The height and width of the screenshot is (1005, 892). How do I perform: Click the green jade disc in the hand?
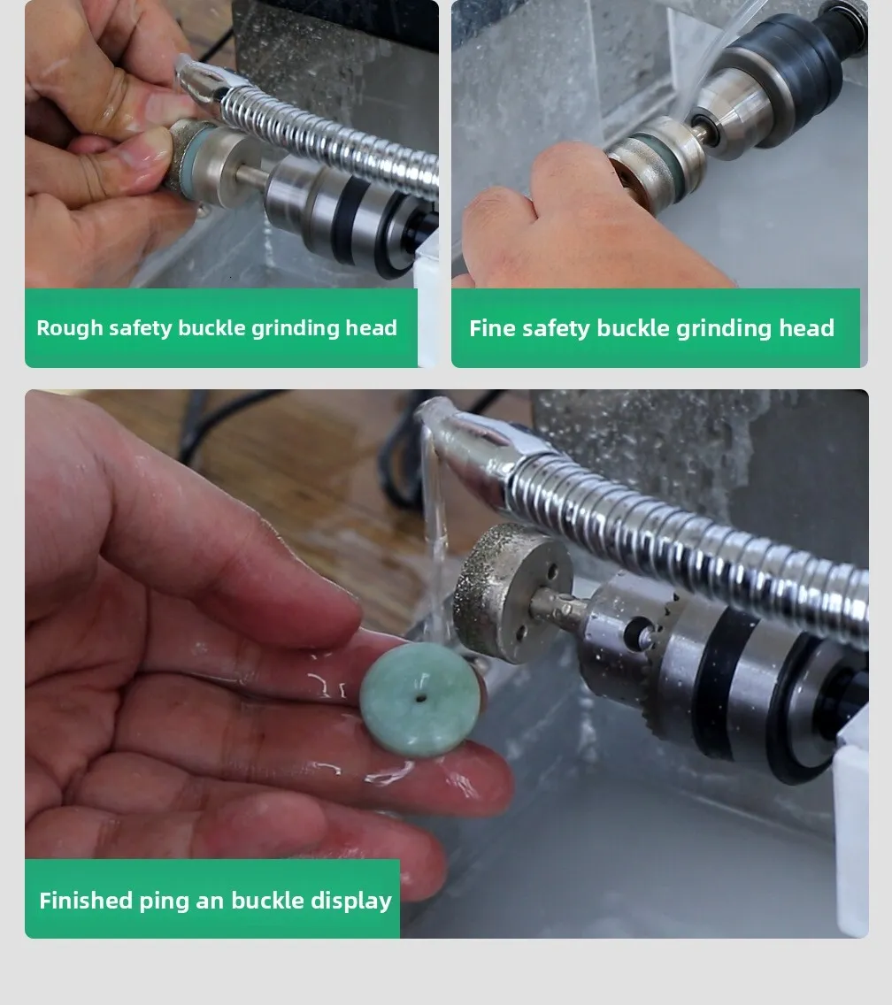click(420, 701)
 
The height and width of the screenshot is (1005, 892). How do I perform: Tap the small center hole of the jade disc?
click(420, 698)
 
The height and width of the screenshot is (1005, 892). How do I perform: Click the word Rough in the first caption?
click(70, 328)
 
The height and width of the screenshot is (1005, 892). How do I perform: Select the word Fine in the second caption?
click(492, 328)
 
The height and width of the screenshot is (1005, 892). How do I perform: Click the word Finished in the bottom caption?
click(86, 901)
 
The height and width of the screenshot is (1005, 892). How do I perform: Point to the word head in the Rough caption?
click(372, 327)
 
